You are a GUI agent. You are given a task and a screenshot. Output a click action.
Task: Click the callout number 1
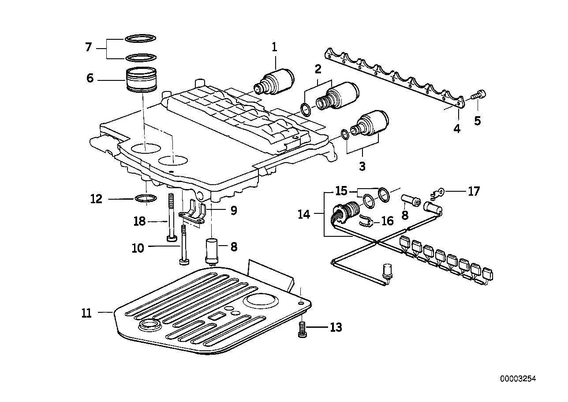click(x=274, y=47)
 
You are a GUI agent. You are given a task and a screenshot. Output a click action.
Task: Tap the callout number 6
click(x=90, y=78)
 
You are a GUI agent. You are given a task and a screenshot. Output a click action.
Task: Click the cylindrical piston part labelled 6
click(x=142, y=80)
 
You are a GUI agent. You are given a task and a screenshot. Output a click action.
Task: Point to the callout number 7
click(x=88, y=47)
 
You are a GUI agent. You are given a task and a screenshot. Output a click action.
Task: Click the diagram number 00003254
click(x=518, y=379)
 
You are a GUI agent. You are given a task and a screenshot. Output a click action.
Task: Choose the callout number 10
click(x=138, y=248)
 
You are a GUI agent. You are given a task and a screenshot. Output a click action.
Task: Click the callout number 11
click(x=87, y=313)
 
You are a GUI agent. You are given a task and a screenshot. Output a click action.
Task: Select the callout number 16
click(x=387, y=220)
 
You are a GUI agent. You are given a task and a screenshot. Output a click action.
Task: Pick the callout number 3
click(x=362, y=167)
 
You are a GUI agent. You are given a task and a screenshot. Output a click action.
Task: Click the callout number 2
click(x=318, y=69)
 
